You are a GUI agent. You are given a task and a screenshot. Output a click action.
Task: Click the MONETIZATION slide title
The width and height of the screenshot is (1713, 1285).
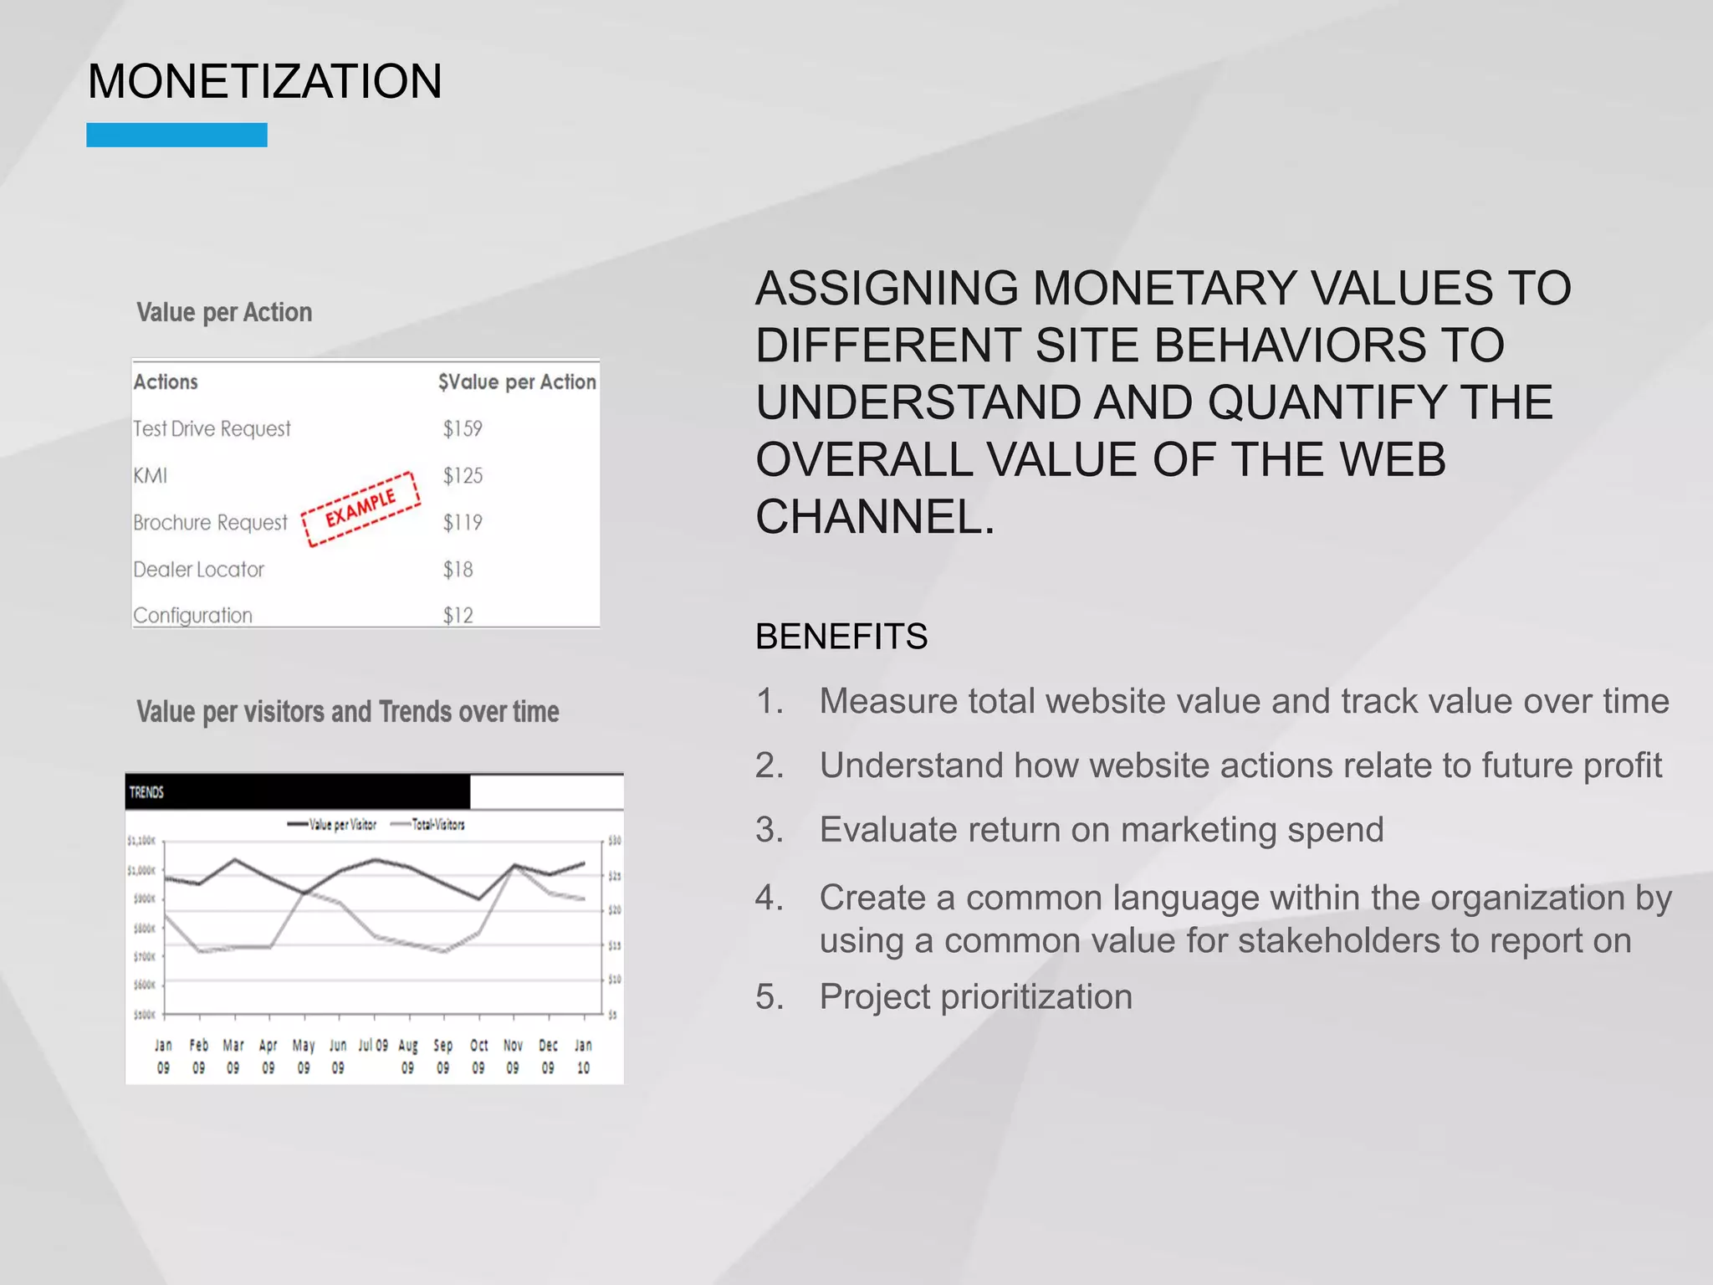click(x=264, y=82)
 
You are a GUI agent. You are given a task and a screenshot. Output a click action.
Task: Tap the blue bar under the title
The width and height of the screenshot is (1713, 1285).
click(x=176, y=135)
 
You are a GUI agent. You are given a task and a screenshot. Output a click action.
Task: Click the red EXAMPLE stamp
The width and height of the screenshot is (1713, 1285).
click(x=360, y=509)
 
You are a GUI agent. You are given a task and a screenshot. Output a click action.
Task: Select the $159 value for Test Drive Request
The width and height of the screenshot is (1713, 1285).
click(x=463, y=428)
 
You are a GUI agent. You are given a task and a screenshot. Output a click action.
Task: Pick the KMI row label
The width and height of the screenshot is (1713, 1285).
click(x=151, y=476)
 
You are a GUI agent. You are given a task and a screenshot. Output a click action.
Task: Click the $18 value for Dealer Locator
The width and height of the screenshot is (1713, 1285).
click(x=458, y=570)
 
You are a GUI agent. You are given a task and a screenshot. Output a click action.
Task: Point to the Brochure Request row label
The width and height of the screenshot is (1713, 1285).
click(x=210, y=523)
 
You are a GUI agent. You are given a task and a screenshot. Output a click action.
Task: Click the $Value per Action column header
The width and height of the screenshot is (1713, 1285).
click(x=516, y=382)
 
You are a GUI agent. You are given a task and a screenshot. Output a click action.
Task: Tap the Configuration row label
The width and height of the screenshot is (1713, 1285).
click(x=192, y=616)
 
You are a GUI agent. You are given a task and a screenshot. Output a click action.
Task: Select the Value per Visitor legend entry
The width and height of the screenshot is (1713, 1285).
click(x=333, y=825)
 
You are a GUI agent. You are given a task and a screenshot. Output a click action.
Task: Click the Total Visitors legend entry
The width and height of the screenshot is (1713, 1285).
click(x=428, y=825)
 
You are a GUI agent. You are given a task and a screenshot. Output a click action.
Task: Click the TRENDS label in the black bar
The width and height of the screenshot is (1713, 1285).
click(x=146, y=792)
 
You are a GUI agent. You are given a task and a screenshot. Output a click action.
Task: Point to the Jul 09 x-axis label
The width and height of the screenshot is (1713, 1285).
click(x=373, y=1046)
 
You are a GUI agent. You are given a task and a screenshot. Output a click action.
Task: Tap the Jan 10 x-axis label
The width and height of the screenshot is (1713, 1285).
click(x=583, y=1057)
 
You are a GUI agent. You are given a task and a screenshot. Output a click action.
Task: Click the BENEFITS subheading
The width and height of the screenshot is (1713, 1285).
click(x=841, y=637)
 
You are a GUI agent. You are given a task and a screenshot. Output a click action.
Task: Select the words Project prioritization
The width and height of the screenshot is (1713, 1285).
click(x=975, y=996)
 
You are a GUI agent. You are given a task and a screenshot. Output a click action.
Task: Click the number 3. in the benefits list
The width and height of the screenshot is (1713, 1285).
click(x=769, y=830)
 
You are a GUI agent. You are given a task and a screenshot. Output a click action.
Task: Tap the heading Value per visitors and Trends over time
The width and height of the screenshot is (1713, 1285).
click(x=347, y=712)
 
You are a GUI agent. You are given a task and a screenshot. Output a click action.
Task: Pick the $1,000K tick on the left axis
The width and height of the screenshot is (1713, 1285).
click(x=141, y=871)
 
